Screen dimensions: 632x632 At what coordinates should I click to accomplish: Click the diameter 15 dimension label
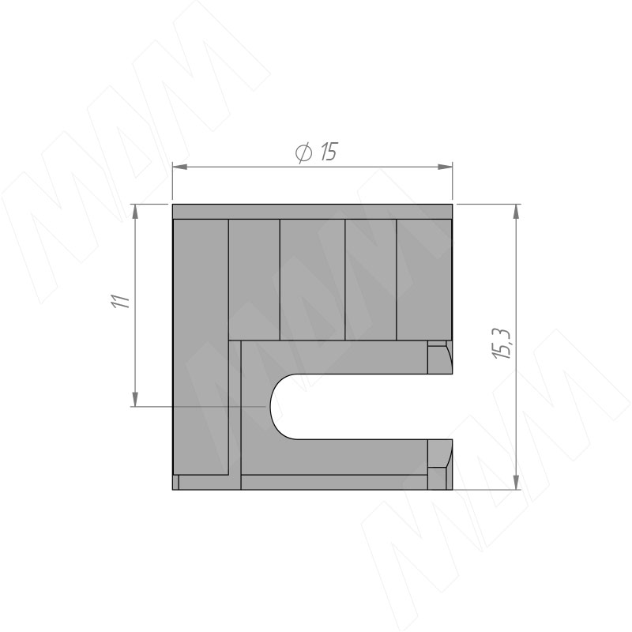(315, 152)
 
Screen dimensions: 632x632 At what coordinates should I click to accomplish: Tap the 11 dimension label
(121, 302)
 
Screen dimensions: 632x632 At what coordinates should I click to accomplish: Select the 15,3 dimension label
(502, 344)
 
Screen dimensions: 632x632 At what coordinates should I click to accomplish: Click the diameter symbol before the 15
(303, 152)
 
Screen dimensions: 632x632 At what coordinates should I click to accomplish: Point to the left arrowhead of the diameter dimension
(180, 167)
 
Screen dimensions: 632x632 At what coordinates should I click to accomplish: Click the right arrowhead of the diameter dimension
(445, 167)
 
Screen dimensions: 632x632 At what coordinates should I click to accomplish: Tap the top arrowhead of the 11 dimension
(135, 212)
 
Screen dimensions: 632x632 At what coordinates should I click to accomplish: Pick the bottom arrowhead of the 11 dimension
(135, 399)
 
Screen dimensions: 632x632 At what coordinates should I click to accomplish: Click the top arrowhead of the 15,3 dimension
(517, 212)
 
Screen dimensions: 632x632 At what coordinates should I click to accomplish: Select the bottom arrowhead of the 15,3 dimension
(517, 482)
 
